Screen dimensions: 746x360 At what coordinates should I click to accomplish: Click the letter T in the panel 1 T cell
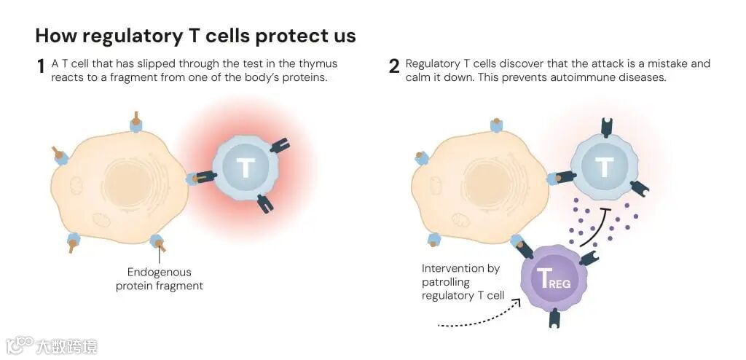point(246,168)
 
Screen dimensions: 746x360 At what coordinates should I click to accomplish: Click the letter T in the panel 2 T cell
point(604,167)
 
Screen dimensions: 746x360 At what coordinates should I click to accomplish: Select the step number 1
point(41,68)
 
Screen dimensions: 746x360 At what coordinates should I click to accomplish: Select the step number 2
point(394,68)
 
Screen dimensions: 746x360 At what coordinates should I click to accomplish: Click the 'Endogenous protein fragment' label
point(160,279)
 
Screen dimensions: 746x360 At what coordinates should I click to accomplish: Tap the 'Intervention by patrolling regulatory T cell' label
point(462,281)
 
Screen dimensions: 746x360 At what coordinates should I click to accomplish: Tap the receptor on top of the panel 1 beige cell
point(136,122)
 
